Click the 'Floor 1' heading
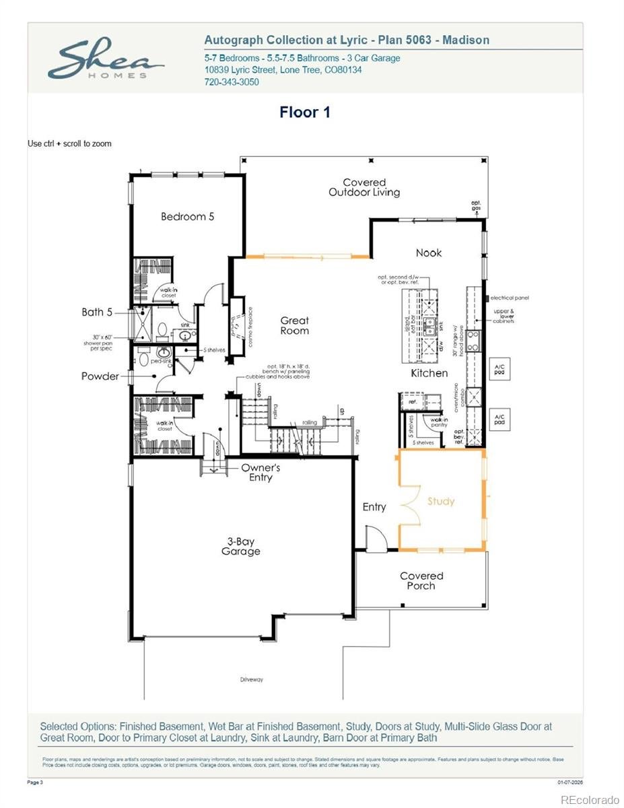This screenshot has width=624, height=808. (305, 112)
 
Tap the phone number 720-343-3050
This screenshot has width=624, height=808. (232, 82)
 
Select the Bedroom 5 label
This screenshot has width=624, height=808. (187, 217)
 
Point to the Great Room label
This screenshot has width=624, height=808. (295, 326)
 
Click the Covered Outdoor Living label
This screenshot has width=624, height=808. (364, 187)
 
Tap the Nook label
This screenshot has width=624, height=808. (429, 252)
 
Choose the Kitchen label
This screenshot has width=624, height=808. (429, 372)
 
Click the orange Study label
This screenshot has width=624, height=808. (441, 502)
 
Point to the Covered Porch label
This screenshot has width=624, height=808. (421, 580)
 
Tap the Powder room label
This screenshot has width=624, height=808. (100, 376)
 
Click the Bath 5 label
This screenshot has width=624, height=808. (98, 312)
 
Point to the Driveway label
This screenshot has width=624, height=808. (252, 679)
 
